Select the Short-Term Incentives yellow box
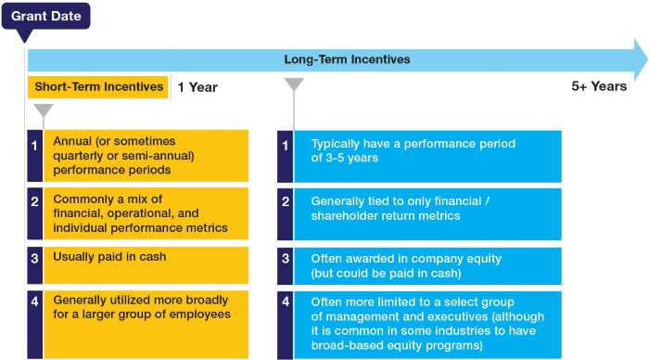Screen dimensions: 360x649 coord(99,87)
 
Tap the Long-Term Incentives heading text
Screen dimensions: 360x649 coord(347,59)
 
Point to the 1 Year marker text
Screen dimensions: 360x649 coord(197,87)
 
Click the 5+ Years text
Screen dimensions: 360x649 coord(599,86)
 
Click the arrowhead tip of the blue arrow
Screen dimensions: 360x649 coord(645,59)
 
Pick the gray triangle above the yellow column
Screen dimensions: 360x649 coord(43,111)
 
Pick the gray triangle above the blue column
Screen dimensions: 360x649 coord(294,85)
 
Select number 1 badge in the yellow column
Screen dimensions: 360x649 coord(34,146)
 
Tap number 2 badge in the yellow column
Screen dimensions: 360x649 coord(34,201)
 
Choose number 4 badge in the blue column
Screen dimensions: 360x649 coord(286,302)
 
